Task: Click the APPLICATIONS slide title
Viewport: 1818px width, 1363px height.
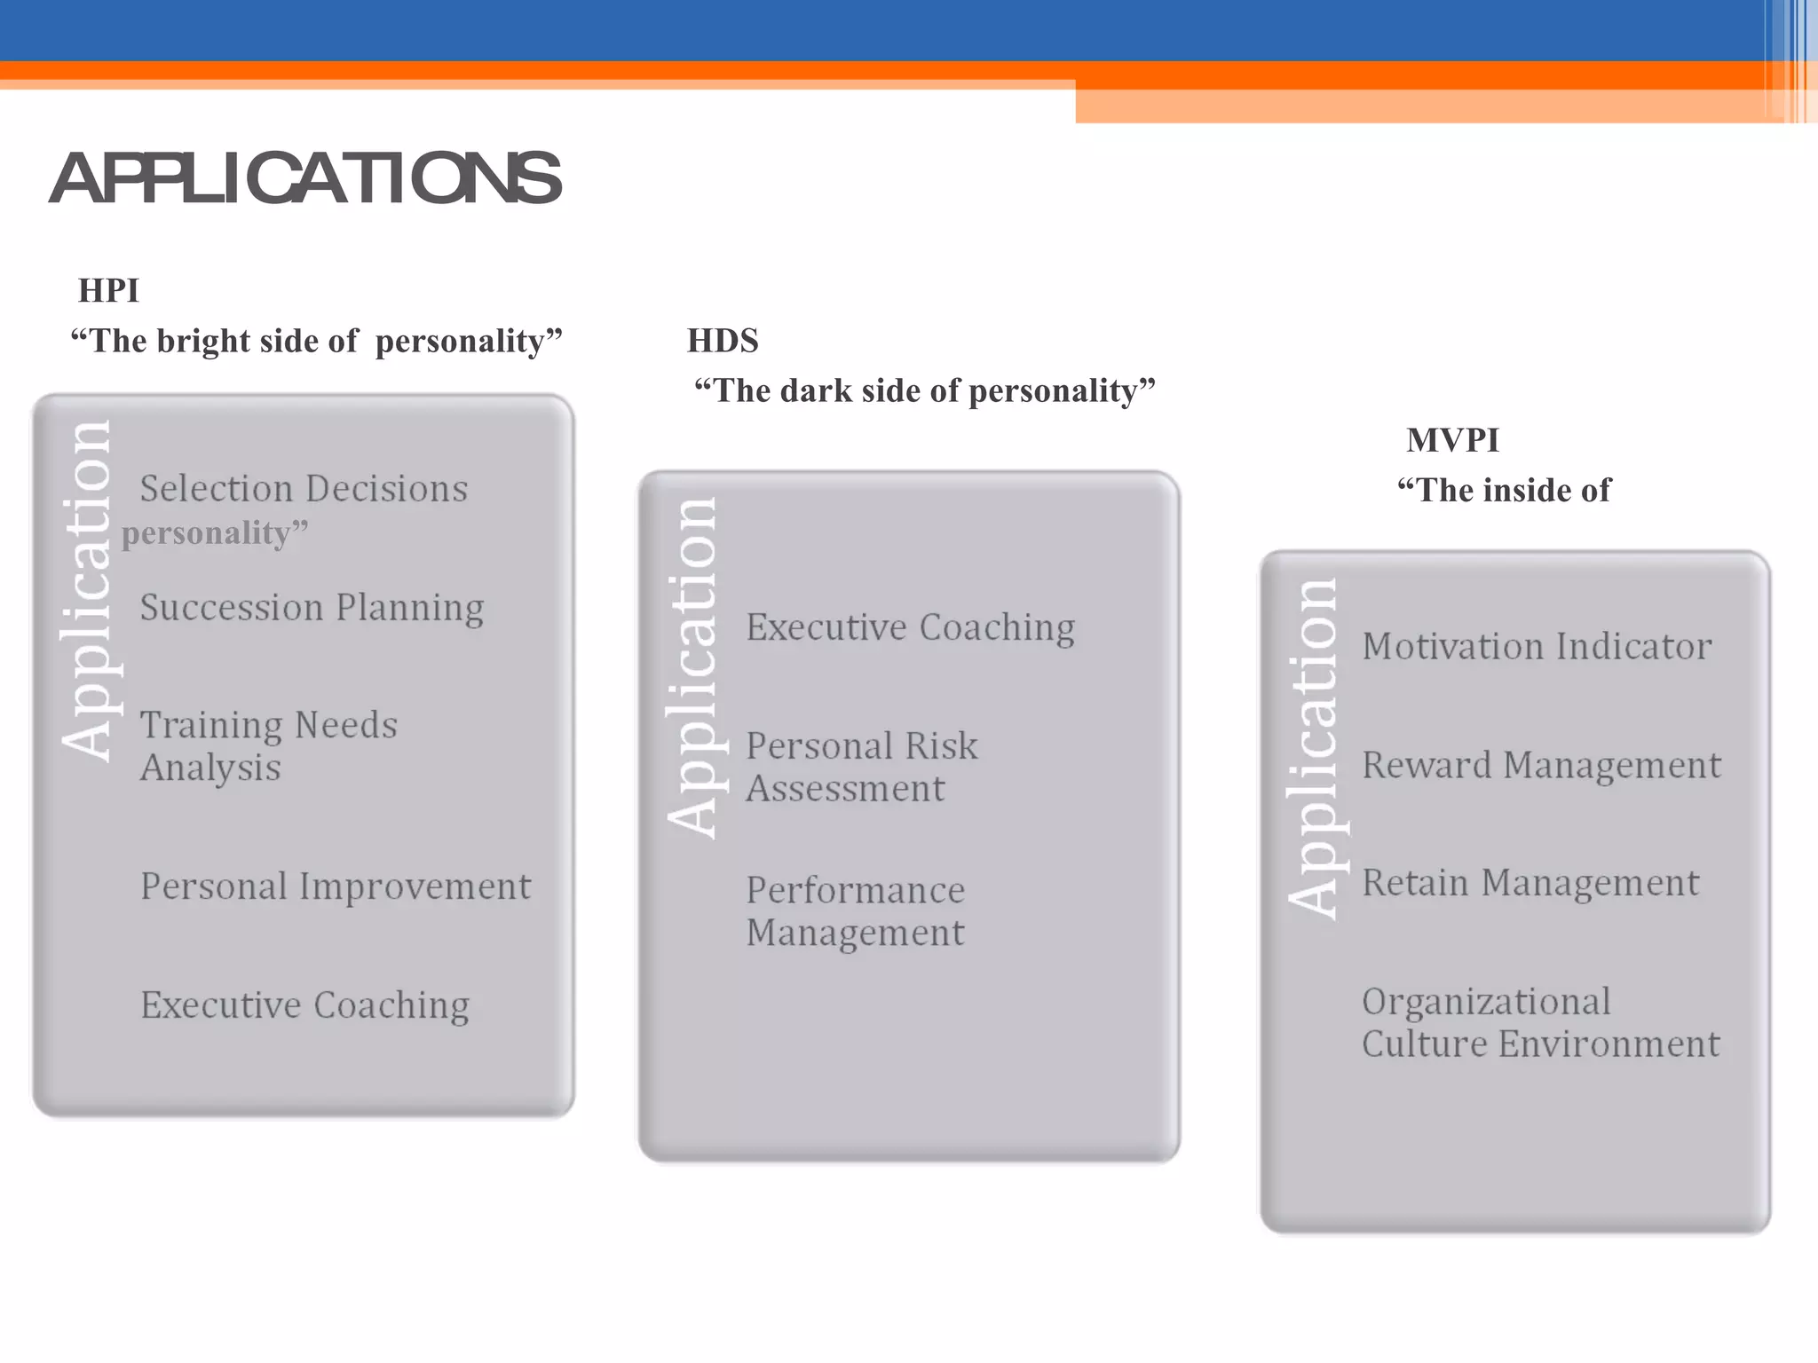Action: [x=305, y=178]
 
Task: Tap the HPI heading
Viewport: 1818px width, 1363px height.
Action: [x=108, y=290]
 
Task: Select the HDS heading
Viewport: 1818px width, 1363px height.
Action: [x=723, y=341]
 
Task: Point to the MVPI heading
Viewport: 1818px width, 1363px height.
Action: [x=1452, y=440]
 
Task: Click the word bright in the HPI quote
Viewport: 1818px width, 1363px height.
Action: [x=203, y=342]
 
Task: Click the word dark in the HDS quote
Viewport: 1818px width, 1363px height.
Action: [x=816, y=391]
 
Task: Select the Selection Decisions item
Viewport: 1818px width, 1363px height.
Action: [x=304, y=489]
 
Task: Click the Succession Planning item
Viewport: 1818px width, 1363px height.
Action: [x=312, y=608]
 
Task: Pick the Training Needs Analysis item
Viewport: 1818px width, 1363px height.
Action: [x=268, y=745]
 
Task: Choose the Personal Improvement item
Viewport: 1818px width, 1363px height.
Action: [x=336, y=886]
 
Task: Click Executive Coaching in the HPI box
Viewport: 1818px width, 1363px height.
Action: [x=304, y=1005]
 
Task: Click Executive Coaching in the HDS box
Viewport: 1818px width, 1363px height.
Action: [x=910, y=627]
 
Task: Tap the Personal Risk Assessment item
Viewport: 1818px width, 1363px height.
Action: [x=860, y=767]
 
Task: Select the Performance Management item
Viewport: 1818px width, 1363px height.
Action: [x=855, y=910]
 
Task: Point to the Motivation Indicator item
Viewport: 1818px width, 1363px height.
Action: [x=1536, y=646]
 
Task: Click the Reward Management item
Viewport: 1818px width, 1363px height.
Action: [x=1541, y=765]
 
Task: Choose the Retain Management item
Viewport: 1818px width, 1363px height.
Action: [x=1529, y=883]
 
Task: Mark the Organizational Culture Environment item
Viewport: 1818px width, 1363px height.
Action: [x=1540, y=1022]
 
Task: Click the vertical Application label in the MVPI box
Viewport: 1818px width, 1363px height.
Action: [x=1313, y=747]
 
